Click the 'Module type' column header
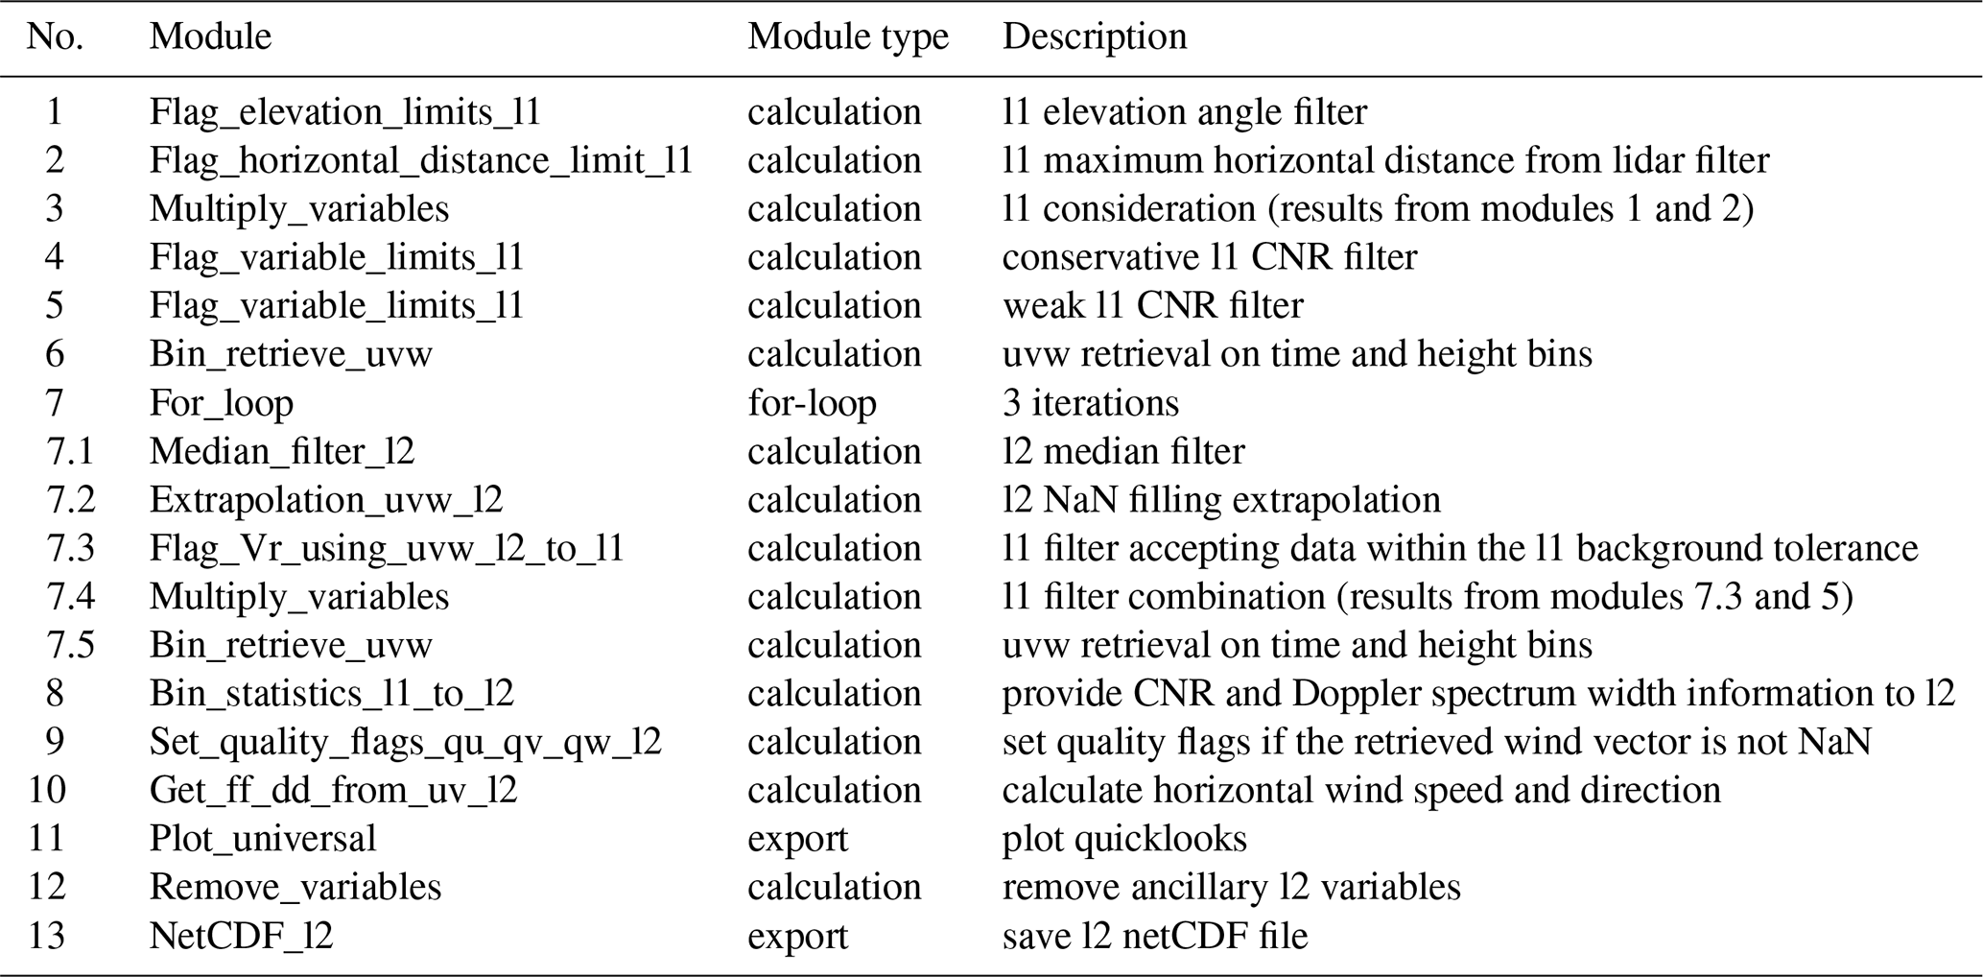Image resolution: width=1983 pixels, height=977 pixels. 847,36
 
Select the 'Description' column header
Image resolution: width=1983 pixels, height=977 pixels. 1094,36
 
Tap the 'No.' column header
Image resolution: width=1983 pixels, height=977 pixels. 55,36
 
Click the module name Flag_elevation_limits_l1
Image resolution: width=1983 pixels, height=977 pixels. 344,112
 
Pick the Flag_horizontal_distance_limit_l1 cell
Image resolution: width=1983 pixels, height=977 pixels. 420,160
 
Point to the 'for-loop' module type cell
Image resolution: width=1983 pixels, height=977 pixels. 812,403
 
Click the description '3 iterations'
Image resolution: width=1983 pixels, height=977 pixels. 1090,403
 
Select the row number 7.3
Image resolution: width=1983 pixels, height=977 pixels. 70,548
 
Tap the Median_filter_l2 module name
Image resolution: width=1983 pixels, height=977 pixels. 281,451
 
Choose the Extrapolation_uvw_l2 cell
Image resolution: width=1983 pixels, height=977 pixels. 325,500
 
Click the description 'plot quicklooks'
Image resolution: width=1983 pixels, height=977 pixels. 1124,839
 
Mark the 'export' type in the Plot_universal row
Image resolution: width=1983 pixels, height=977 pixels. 797,839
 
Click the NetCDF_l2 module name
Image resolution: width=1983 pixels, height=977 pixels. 241,936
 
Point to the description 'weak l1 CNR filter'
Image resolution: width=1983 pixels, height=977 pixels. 1152,306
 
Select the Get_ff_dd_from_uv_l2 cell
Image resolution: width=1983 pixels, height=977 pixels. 333,790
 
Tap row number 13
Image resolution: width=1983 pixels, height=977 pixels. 46,936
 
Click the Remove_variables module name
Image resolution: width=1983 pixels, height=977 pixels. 295,887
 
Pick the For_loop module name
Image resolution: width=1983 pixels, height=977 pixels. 221,403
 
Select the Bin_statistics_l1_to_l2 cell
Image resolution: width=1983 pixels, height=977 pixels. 331,693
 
